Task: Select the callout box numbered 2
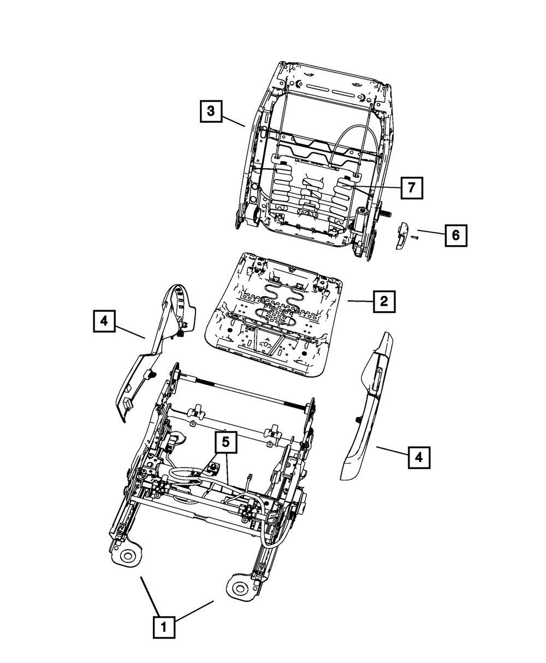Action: point(384,301)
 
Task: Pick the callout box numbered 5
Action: point(225,443)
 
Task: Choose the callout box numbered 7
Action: point(411,188)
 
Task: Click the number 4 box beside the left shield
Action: point(104,321)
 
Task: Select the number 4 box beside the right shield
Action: point(419,457)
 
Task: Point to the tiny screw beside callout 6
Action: point(414,237)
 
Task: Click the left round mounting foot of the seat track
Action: point(127,557)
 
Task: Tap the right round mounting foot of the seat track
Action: point(239,589)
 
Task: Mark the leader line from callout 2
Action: point(360,301)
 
